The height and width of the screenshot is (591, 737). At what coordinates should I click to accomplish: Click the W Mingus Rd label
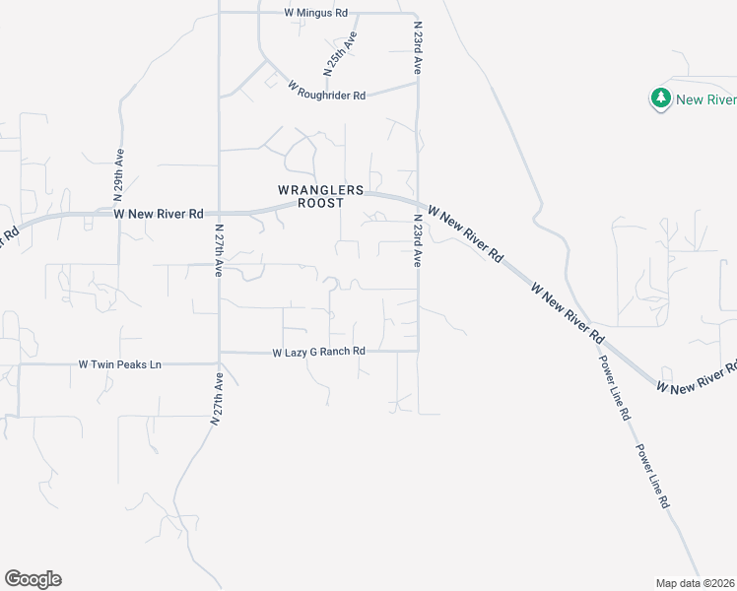pos(315,13)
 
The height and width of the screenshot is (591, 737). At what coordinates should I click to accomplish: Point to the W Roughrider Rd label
pos(327,90)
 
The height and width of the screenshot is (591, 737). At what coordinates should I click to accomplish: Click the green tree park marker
pos(660,98)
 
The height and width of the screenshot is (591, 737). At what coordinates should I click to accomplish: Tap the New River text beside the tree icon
pos(704,99)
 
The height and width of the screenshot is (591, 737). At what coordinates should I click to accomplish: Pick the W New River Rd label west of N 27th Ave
pos(159,213)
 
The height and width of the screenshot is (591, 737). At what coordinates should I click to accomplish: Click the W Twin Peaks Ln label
pos(119,364)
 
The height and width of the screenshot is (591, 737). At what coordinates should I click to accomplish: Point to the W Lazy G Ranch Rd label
pos(319,352)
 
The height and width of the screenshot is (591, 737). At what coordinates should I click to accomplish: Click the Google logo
pos(33,579)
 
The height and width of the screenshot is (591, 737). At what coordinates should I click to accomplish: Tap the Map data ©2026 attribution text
pos(696,583)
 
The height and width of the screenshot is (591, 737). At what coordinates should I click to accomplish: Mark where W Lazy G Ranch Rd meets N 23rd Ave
pos(418,351)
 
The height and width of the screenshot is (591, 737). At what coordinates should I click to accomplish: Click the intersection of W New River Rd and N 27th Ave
pos(219,212)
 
